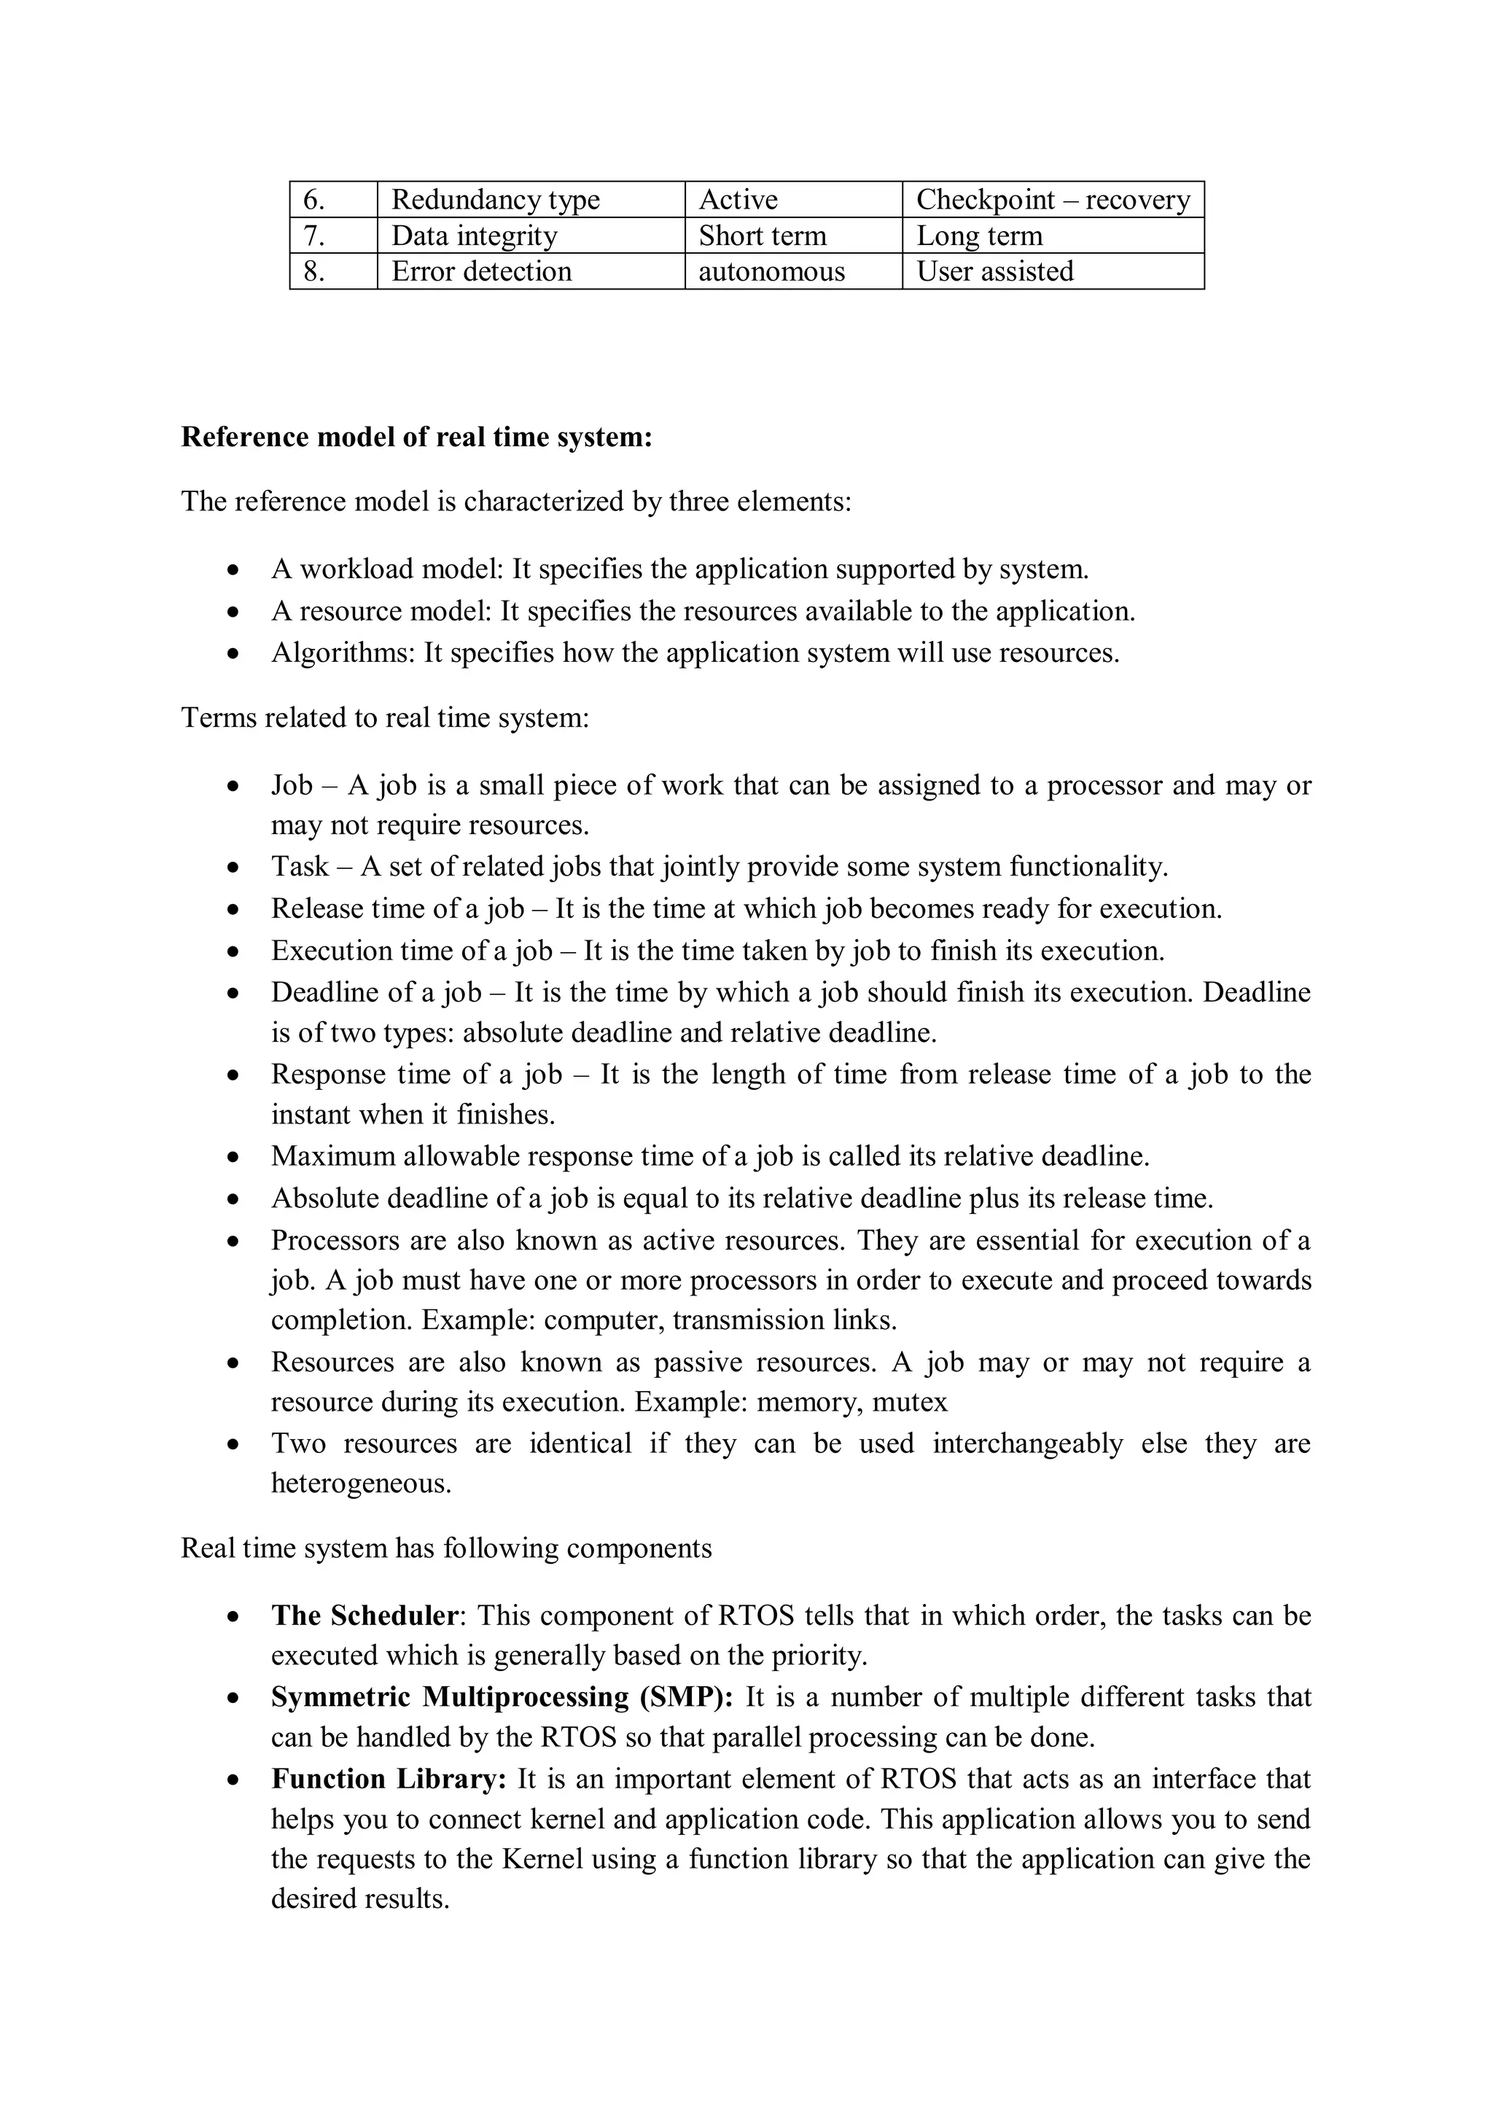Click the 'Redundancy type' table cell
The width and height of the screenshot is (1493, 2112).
click(495, 200)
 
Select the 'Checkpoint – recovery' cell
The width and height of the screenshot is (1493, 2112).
click(1053, 200)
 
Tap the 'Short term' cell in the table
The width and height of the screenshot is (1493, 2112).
click(762, 235)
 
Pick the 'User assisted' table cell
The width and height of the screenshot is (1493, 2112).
click(994, 271)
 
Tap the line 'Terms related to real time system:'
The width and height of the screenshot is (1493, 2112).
click(384, 717)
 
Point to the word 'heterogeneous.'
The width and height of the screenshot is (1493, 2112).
click(361, 1483)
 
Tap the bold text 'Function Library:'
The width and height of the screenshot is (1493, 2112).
click(389, 1778)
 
